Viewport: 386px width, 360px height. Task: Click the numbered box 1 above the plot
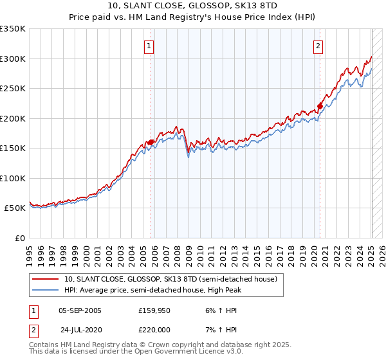(149, 46)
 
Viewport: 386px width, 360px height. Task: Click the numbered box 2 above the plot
(318, 46)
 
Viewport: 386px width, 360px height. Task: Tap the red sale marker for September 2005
(151, 143)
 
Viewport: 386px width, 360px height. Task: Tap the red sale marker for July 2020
(320, 107)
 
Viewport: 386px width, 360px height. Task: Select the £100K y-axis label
(14, 178)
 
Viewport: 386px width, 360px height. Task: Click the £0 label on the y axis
(19, 238)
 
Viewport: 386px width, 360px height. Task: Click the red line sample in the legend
(46, 279)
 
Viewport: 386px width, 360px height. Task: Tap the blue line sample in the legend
(46, 290)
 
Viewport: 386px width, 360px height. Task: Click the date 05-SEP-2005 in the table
(80, 310)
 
